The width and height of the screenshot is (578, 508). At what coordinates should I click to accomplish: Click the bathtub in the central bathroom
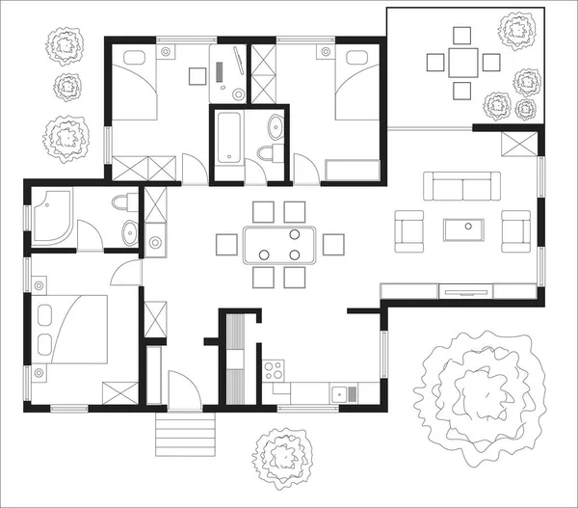coord(228,139)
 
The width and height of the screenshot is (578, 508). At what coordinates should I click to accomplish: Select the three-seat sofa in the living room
coord(464,186)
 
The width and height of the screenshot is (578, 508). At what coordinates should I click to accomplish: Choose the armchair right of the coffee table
coord(517,230)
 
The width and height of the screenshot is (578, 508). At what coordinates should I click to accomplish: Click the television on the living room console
coord(464,288)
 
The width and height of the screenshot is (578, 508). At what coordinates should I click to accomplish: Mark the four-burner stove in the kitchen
coord(274,370)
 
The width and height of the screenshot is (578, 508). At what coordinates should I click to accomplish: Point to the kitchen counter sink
coord(343,392)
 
